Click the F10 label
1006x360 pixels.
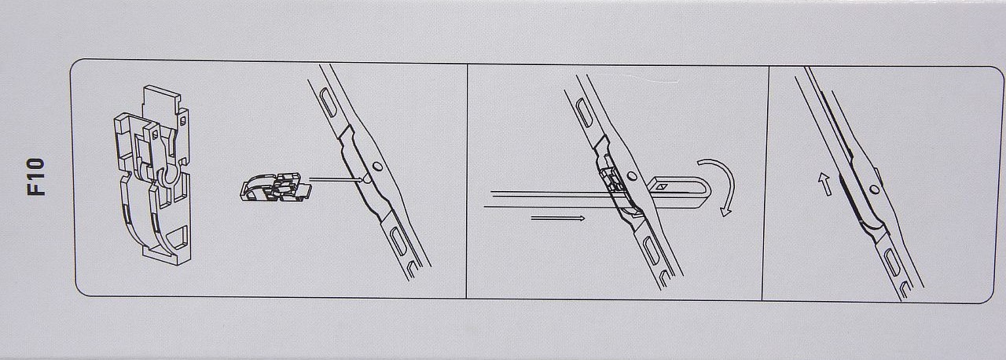tap(37, 176)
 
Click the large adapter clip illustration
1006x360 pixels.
tap(152, 175)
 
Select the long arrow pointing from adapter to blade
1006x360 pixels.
tap(337, 179)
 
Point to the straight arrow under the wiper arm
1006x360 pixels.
tap(558, 219)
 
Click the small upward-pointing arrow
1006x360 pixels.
tap(824, 184)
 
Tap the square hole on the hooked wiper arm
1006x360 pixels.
tap(662, 186)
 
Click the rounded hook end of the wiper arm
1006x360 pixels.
tap(704, 192)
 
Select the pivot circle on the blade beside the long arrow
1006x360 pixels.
tap(378, 166)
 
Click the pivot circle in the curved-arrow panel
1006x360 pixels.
tap(632, 176)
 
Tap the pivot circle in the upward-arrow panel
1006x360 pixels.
tap(874, 189)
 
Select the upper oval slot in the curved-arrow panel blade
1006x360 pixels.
tap(583, 112)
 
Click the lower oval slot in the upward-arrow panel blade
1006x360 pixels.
tap(892, 263)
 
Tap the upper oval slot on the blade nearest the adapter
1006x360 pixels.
tap(328, 103)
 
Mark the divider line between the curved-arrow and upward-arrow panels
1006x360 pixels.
tap(766, 183)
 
